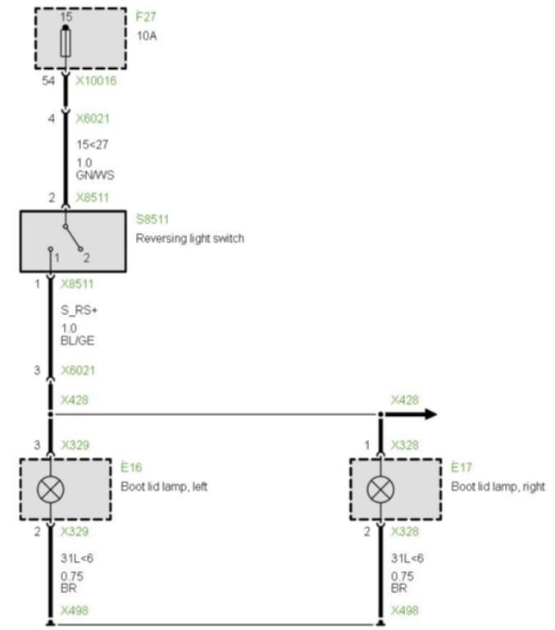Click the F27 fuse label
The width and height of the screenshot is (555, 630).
[146, 16]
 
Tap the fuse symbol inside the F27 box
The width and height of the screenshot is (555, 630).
[66, 43]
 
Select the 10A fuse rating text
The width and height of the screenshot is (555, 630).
[147, 36]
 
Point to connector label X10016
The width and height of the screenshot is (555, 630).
[97, 80]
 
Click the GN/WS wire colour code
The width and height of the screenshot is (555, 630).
[95, 176]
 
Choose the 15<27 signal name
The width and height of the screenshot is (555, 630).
[93, 144]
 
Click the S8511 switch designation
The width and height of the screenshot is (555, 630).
[152, 219]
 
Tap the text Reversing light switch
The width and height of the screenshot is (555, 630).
[190, 238]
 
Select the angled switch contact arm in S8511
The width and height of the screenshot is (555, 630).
[73, 238]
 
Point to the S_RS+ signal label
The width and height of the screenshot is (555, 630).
[80, 310]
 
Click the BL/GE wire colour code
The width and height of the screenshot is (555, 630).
[78, 340]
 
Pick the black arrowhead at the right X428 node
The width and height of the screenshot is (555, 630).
[430, 413]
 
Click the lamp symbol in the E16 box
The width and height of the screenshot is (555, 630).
[50, 490]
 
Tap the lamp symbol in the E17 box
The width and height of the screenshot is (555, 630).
[380, 490]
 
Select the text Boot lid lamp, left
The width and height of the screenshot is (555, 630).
[164, 486]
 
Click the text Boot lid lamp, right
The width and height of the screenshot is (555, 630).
[498, 486]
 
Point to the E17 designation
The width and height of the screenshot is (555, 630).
[462, 468]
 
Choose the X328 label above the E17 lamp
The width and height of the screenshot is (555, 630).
[405, 445]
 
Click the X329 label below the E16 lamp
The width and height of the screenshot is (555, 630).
[75, 532]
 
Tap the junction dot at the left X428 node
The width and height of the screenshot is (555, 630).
[50, 413]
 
